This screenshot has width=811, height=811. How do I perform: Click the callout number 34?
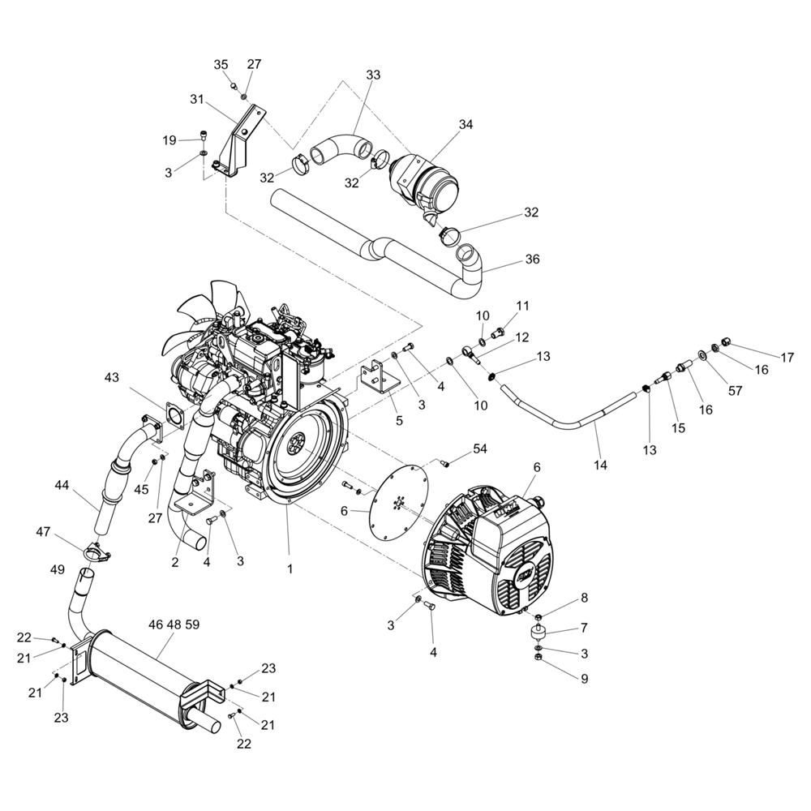[466, 125]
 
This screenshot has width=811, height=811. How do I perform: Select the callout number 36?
[532, 260]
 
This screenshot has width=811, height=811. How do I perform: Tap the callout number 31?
[195, 99]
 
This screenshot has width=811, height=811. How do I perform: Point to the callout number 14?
[600, 466]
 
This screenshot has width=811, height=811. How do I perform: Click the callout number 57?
[736, 391]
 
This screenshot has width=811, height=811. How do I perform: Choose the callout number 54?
[480, 448]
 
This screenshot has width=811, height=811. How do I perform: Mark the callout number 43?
[112, 378]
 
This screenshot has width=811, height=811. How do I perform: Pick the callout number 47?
[43, 532]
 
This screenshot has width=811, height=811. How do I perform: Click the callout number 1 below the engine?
[290, 569]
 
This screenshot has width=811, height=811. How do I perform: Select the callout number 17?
[787, 357]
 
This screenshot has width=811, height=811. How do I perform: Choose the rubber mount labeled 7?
[537, 630]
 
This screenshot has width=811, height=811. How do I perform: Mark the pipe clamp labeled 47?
[96, 554]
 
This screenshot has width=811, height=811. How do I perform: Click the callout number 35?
[221, 65]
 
